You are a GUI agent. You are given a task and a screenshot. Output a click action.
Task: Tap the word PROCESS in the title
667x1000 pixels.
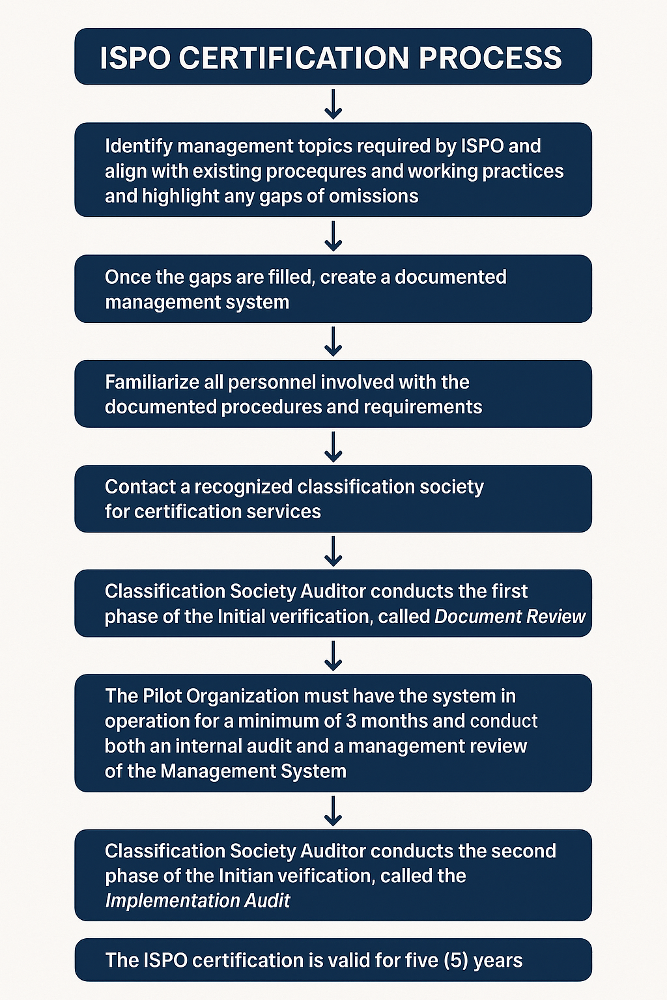coord(490,58)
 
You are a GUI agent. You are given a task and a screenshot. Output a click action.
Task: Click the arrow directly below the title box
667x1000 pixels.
coord(333,104)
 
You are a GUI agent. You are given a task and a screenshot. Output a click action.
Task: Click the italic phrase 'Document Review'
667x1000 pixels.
coord(510,617)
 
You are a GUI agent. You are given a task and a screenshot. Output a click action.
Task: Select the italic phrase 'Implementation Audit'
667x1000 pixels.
coord(197,901)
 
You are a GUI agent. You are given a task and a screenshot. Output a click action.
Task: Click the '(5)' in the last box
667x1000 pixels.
coord(456,960)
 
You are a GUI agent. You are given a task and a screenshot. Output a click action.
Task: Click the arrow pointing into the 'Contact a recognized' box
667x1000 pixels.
coord(333,447)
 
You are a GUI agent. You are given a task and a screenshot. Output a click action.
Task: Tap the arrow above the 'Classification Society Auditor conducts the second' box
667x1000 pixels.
coord(333,811)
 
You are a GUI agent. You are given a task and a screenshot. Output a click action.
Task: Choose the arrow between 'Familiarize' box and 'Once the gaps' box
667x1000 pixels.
coord(333,342)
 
